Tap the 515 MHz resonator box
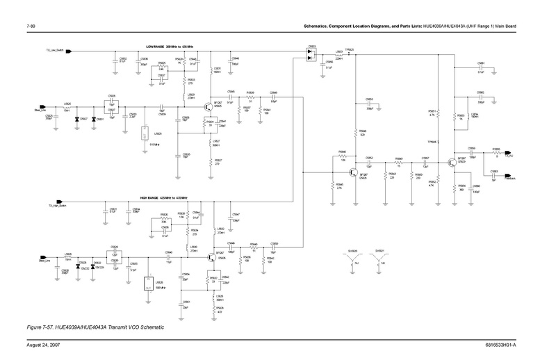[144, 133]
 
